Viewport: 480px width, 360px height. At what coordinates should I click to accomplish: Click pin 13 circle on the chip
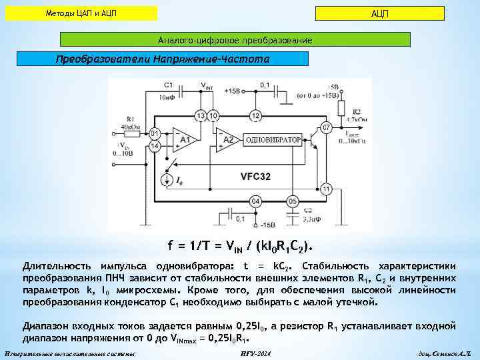tap(200, 115)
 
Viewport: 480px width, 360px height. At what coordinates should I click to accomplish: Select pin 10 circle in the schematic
tap(213, 115)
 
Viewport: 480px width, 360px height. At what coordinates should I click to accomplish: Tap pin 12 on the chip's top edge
tap(255, 116)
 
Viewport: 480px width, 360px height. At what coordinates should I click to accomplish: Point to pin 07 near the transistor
tap(327, 127)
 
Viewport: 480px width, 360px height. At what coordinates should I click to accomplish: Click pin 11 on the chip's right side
tap(326, 189)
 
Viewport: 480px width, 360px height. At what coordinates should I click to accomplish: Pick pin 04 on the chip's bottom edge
tap(255, 201)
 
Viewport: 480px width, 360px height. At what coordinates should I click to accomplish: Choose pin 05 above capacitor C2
tap(291, 201)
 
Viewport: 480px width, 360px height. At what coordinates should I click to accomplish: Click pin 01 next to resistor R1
tap(155, 133)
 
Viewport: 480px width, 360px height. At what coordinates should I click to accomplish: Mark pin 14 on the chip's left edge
tap(155, 145)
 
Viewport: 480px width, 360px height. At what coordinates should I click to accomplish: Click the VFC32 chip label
tap(255, 176)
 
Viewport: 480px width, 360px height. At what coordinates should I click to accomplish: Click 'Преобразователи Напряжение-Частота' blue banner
tap(162, 59)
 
